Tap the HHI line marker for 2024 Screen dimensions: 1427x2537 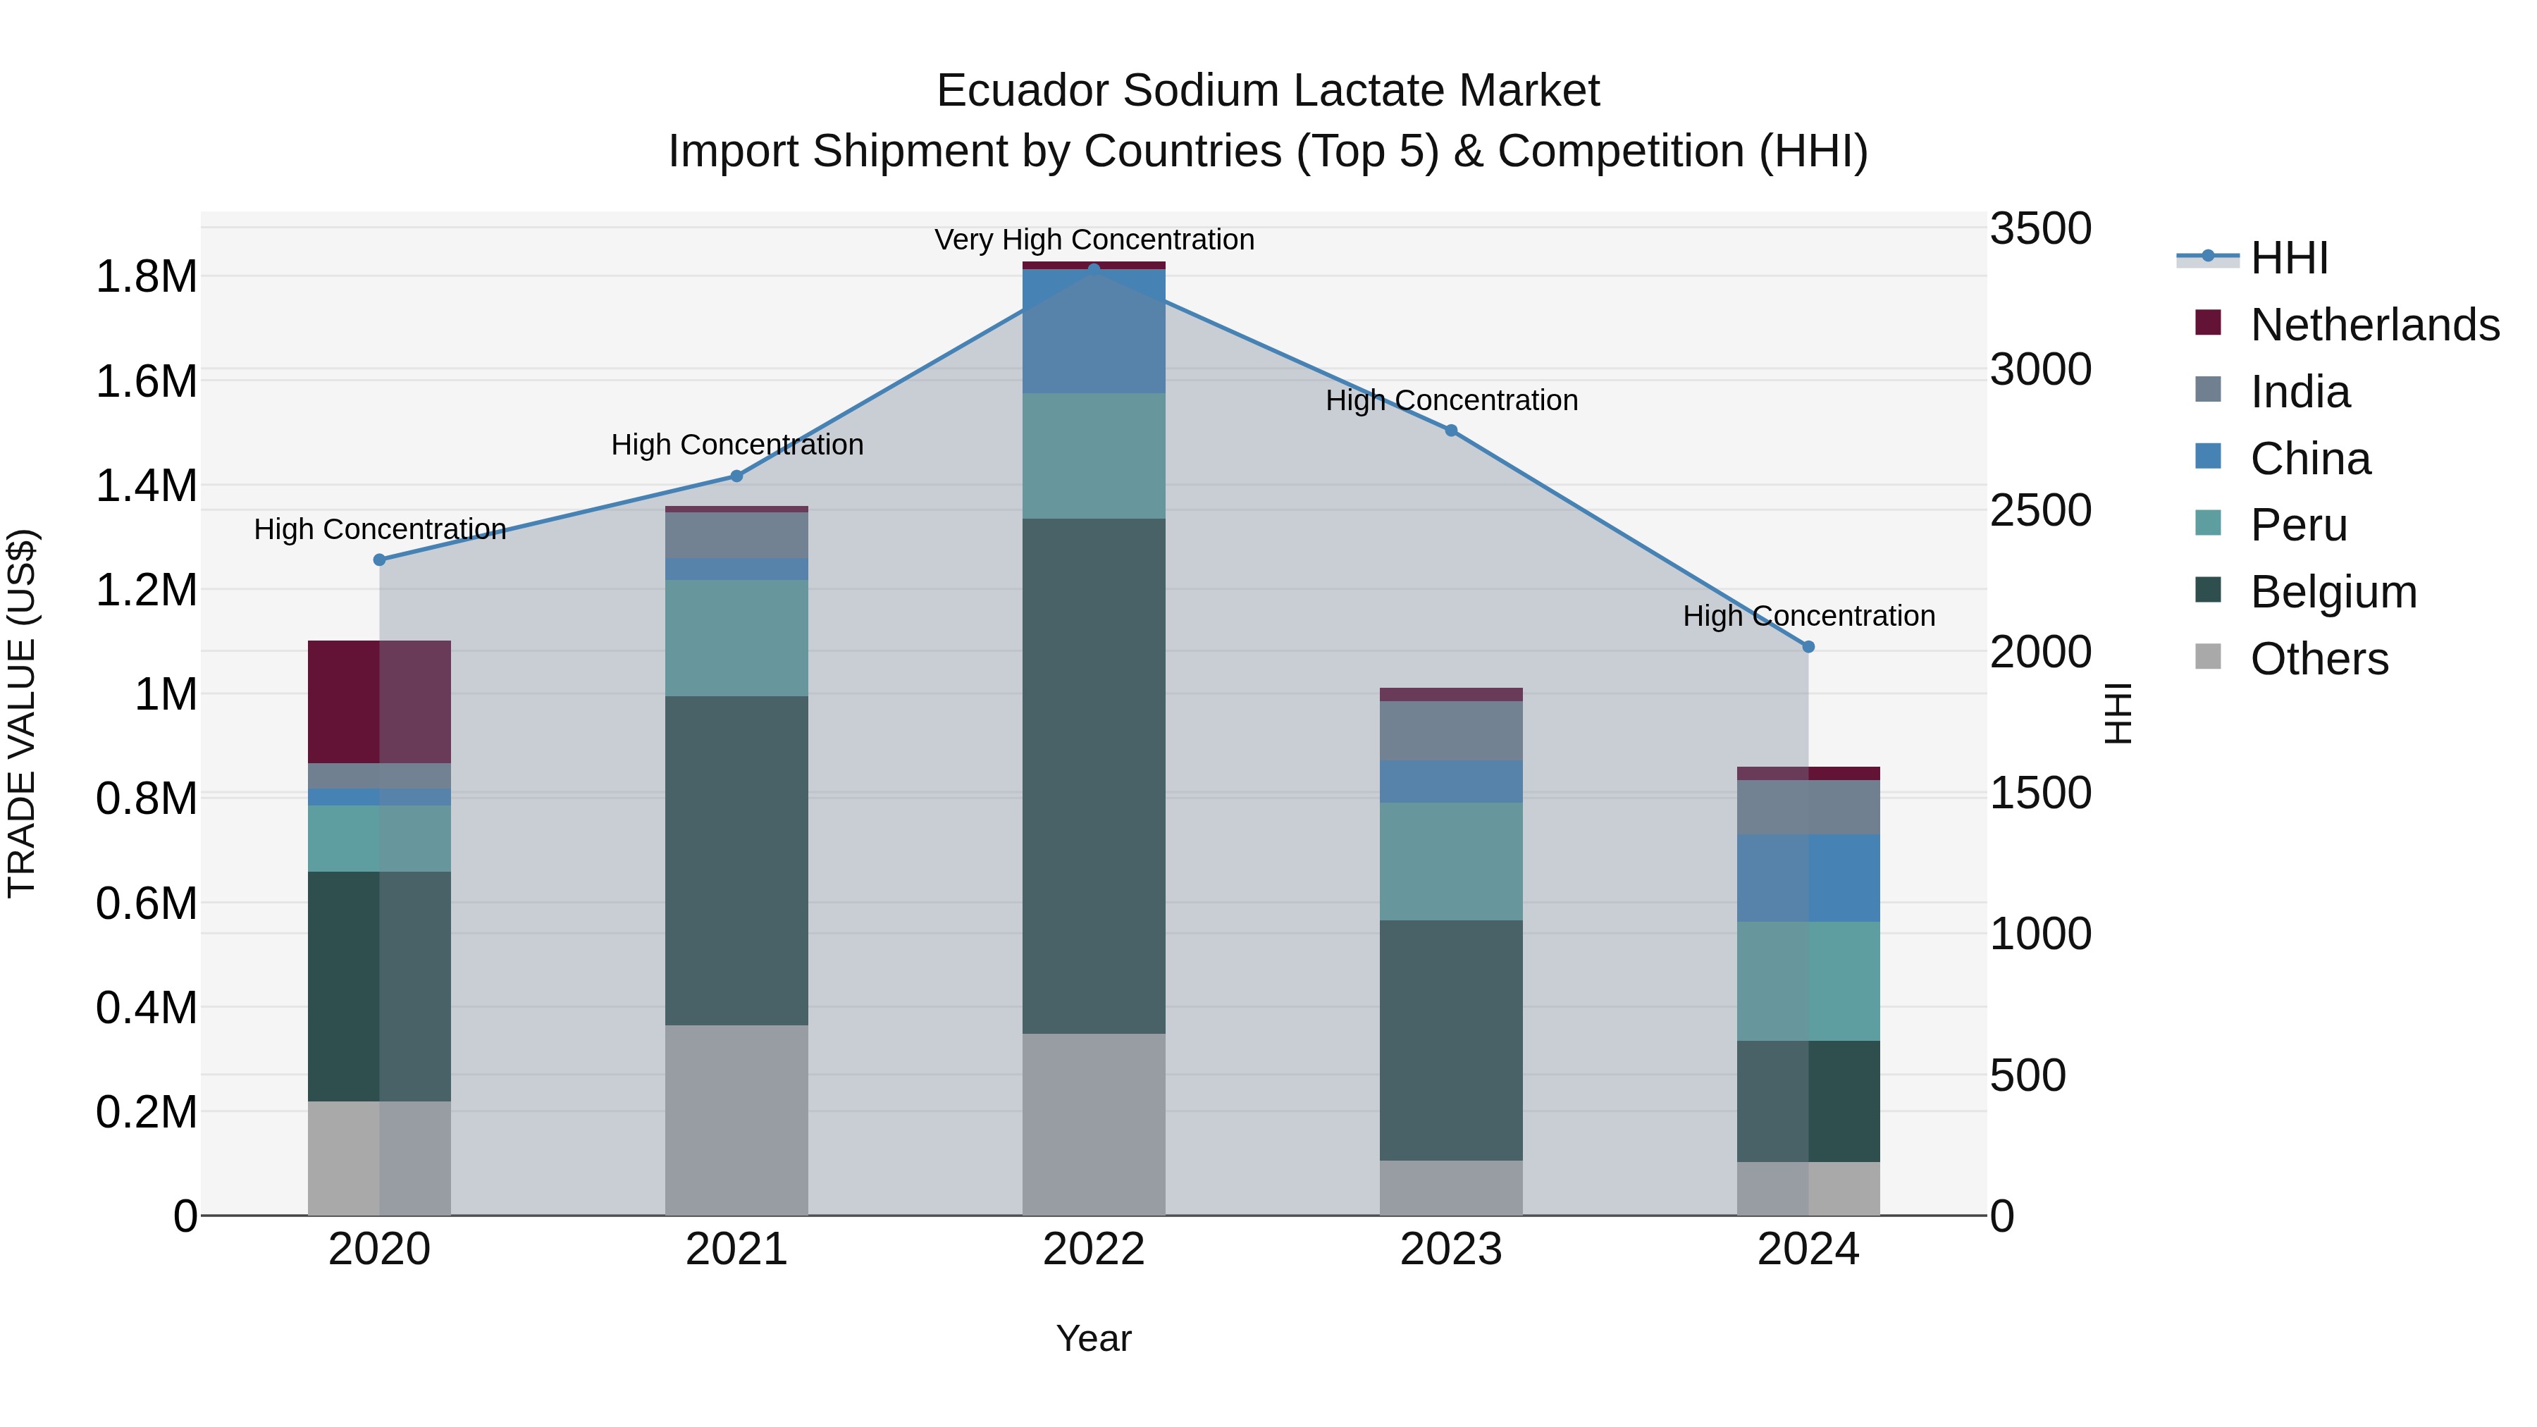click(x=1808, y=647)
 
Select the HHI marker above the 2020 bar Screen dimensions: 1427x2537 click(x=379, y=560)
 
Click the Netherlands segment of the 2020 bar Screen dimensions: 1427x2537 click(x=379, y=701)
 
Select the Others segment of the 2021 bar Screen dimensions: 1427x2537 click(x=736, y=1120)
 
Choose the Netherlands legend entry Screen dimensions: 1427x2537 click(x=2374, y=324)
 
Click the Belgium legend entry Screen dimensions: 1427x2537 click(x=2332, y=592)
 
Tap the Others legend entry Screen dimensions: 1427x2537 click(x=2319, y=659)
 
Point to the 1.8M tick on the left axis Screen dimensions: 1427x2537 click(x=146, y=277)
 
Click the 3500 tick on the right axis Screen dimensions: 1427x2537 click(x=2039, y=228)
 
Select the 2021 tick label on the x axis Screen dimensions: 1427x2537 click(x=736, y=1249)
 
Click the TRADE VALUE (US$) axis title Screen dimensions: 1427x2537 click(x=22, y=713)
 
